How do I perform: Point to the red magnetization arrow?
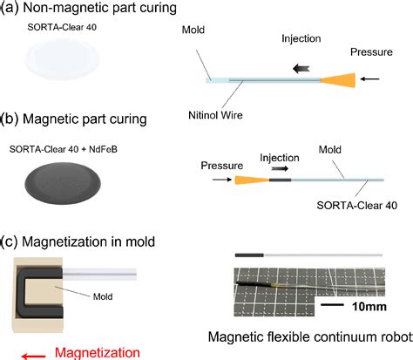pos(37,352)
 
